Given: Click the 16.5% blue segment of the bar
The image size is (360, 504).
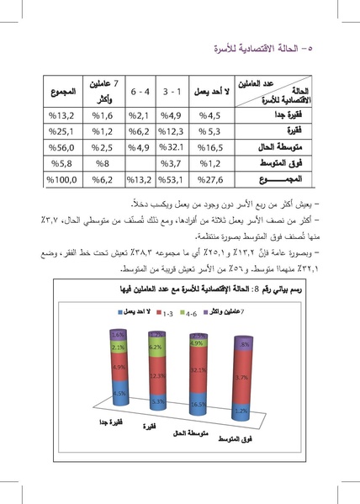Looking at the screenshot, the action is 199,404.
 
